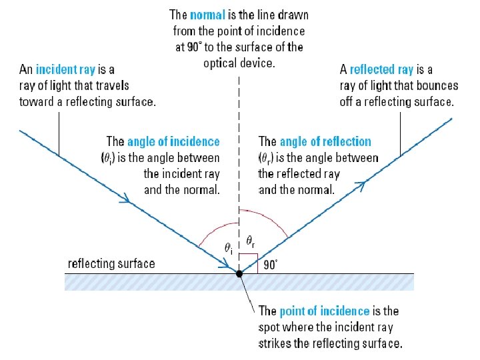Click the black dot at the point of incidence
click(239, 273)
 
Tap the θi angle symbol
click(228, 248)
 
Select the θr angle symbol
click(249, 240)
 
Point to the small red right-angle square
click(248, 262)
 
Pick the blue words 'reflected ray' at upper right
click(382, 69)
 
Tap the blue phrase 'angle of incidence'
click(173, 141)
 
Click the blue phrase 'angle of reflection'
click(325, 141)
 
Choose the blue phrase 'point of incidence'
click(324, 311)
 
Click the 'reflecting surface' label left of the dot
click(111, 263)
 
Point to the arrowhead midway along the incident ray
click(125, 198)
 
